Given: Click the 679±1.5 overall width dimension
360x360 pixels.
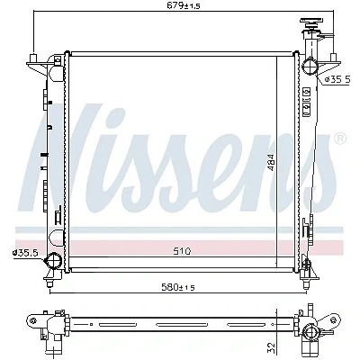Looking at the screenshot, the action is coord(184,5).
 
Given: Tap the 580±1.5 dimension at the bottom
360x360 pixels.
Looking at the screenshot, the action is coord(178,287).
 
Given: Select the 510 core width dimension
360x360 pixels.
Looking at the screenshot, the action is coord(182,250).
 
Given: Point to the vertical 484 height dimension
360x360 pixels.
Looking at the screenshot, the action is coord(271,163).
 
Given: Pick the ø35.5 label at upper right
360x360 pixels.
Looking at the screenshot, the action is coord(337,79).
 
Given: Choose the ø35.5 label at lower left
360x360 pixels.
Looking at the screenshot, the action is coord(25,253).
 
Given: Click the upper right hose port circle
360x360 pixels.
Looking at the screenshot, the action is coord(310,66).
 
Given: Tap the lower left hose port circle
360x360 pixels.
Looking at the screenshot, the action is coord(53,260).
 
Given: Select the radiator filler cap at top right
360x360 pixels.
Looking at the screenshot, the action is coord(311,22).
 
